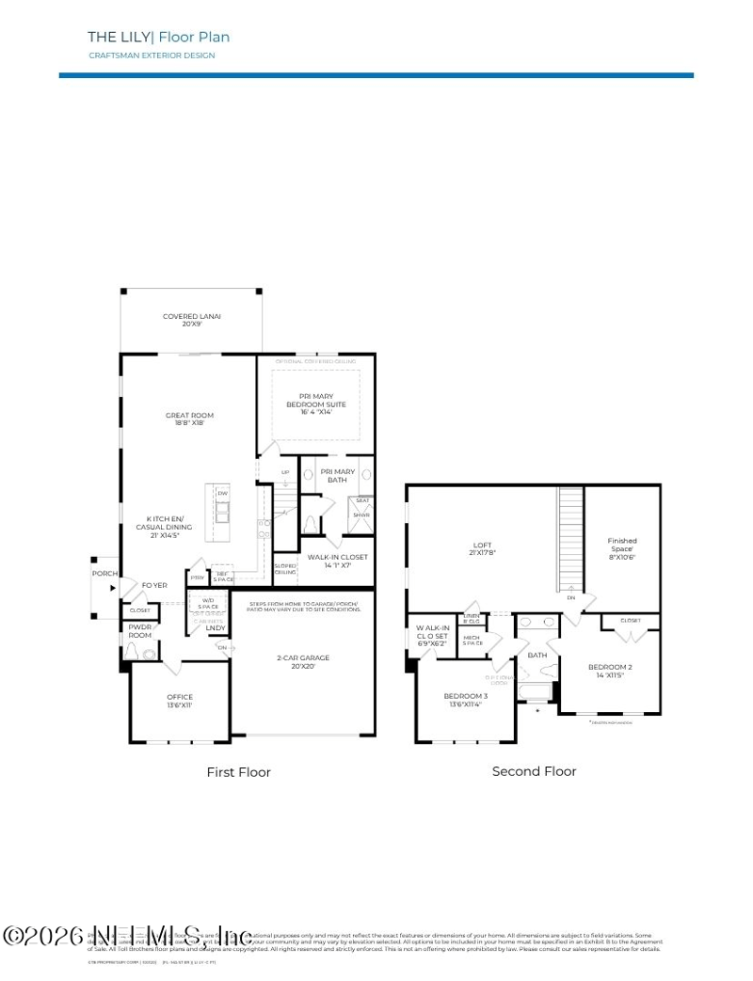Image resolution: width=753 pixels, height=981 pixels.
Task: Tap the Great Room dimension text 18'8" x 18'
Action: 189,423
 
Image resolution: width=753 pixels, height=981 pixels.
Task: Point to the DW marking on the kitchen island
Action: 223,494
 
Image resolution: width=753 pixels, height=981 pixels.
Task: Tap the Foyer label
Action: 154,585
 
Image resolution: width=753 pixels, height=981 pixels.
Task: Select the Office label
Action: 180,697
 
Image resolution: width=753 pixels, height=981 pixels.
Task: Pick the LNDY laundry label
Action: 216,627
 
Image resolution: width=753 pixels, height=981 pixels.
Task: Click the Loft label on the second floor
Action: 482,546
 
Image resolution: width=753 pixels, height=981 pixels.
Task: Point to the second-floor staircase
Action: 570,537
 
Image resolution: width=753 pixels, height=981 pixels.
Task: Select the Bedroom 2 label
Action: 610,668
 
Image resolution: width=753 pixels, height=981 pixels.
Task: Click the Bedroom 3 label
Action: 465,696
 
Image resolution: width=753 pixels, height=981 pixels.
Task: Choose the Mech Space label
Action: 473,641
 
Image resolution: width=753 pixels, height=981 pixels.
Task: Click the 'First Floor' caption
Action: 238,772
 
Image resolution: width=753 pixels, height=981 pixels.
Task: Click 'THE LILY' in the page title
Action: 119,38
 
